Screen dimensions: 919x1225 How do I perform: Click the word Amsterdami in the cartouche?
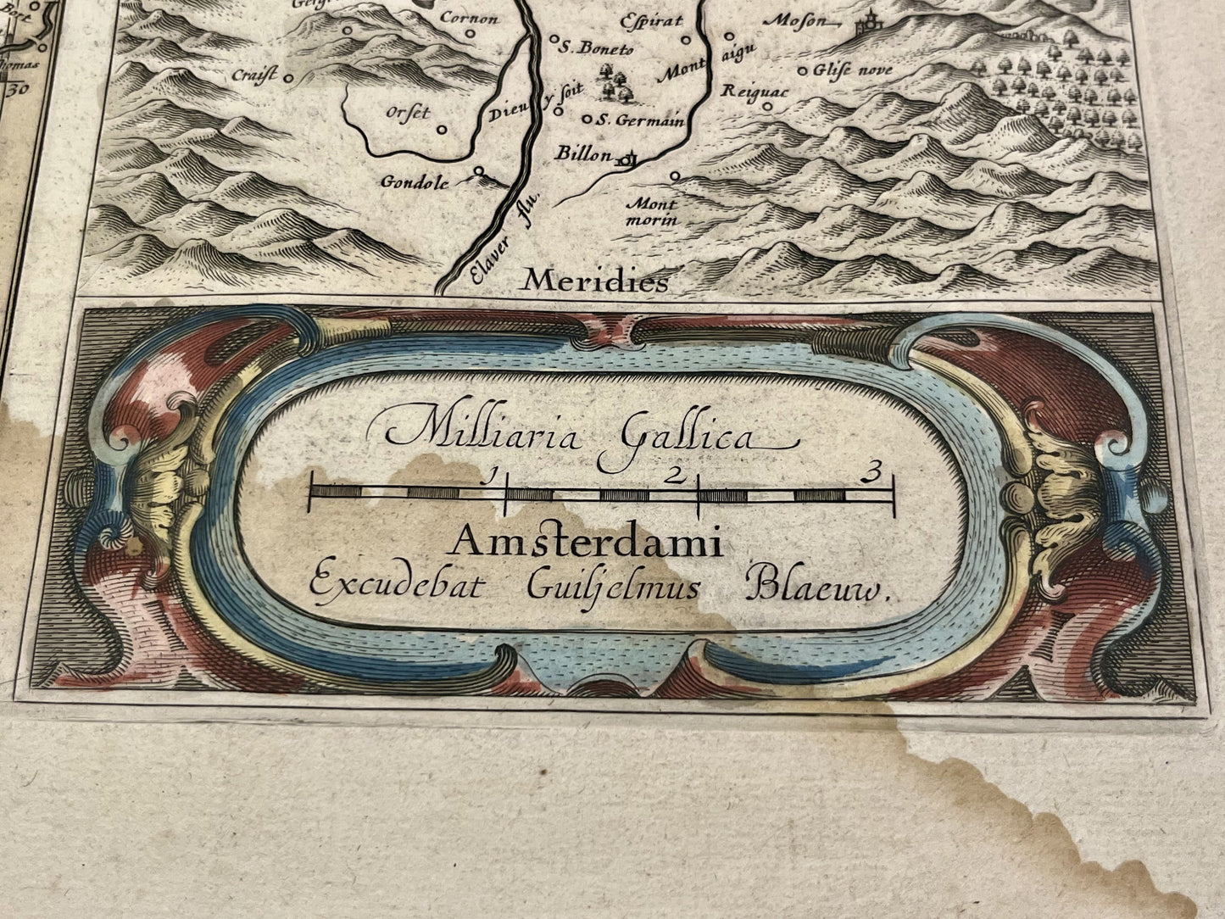[587, 541]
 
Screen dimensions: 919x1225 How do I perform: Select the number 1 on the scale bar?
[487, 476]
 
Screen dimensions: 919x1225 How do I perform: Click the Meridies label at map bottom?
[595, 281]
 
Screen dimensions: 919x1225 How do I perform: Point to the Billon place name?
[582, 153]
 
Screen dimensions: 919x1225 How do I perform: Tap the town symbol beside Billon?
[629, 157]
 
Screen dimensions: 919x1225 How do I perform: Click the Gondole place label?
[424, 181]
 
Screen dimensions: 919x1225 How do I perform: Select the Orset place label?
[408, 113]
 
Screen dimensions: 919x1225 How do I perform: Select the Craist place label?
[253, 75]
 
